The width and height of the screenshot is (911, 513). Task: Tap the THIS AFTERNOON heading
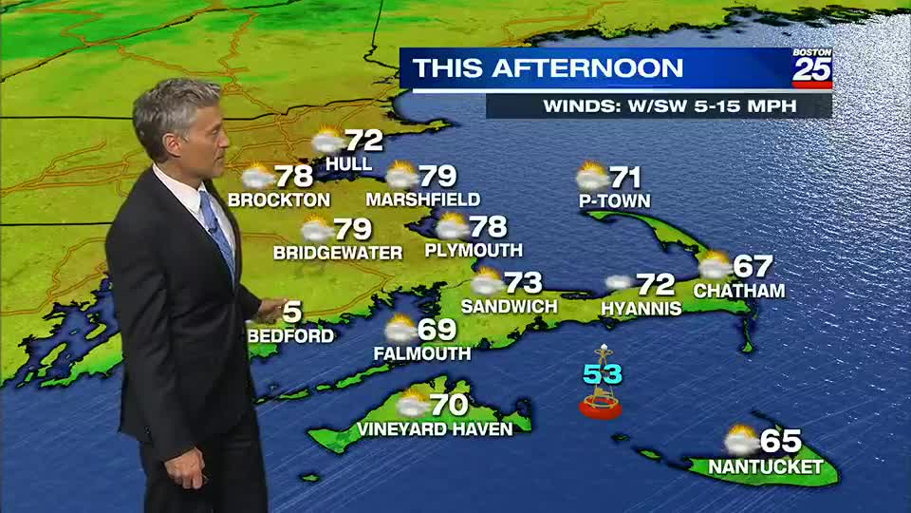click(x=548, y=68)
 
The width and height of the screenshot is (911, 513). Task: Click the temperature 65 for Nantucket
click(x=781, y=442)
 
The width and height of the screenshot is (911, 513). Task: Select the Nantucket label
click(x=765, y=467)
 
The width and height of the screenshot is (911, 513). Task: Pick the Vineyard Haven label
click(x=435, y=429)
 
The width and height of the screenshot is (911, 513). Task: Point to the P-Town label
click(x=614, y=201)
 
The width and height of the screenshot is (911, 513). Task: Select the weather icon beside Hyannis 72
click(x=619, y=282)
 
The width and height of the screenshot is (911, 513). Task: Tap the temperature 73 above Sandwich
click(x=523, y=282)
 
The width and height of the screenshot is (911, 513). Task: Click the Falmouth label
click(x=422, y=353)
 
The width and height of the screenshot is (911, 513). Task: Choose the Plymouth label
click(x=474, y=251)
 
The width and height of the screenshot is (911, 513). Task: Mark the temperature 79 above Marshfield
click(x=438, y=176)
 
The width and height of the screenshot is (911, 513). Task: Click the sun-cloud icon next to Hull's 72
click(x=327, y=142)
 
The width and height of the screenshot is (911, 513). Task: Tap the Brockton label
click(x=279, y=200)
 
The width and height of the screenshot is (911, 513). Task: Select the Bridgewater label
click(x=338, y=253)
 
